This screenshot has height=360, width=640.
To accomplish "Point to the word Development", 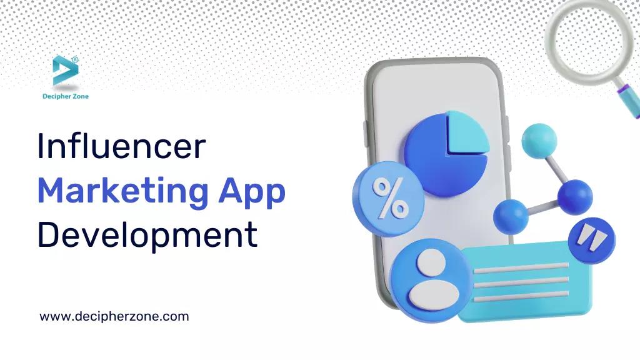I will (x=147, y=236).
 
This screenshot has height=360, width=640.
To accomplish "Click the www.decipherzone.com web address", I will (x=114, y=316).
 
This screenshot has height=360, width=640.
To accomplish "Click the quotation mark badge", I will (x=591, y=240).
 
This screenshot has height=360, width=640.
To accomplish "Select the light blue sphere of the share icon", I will (x=538, y=140).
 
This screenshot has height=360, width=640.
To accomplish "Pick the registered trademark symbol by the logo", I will (x=75, y=59).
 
